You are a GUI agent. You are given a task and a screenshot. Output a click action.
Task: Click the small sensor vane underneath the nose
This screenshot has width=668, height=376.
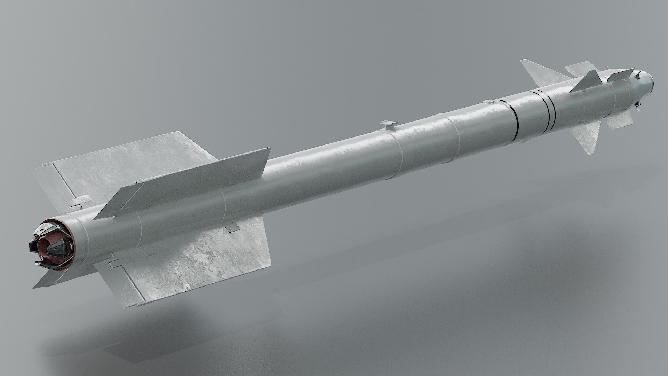click(638, 106)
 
